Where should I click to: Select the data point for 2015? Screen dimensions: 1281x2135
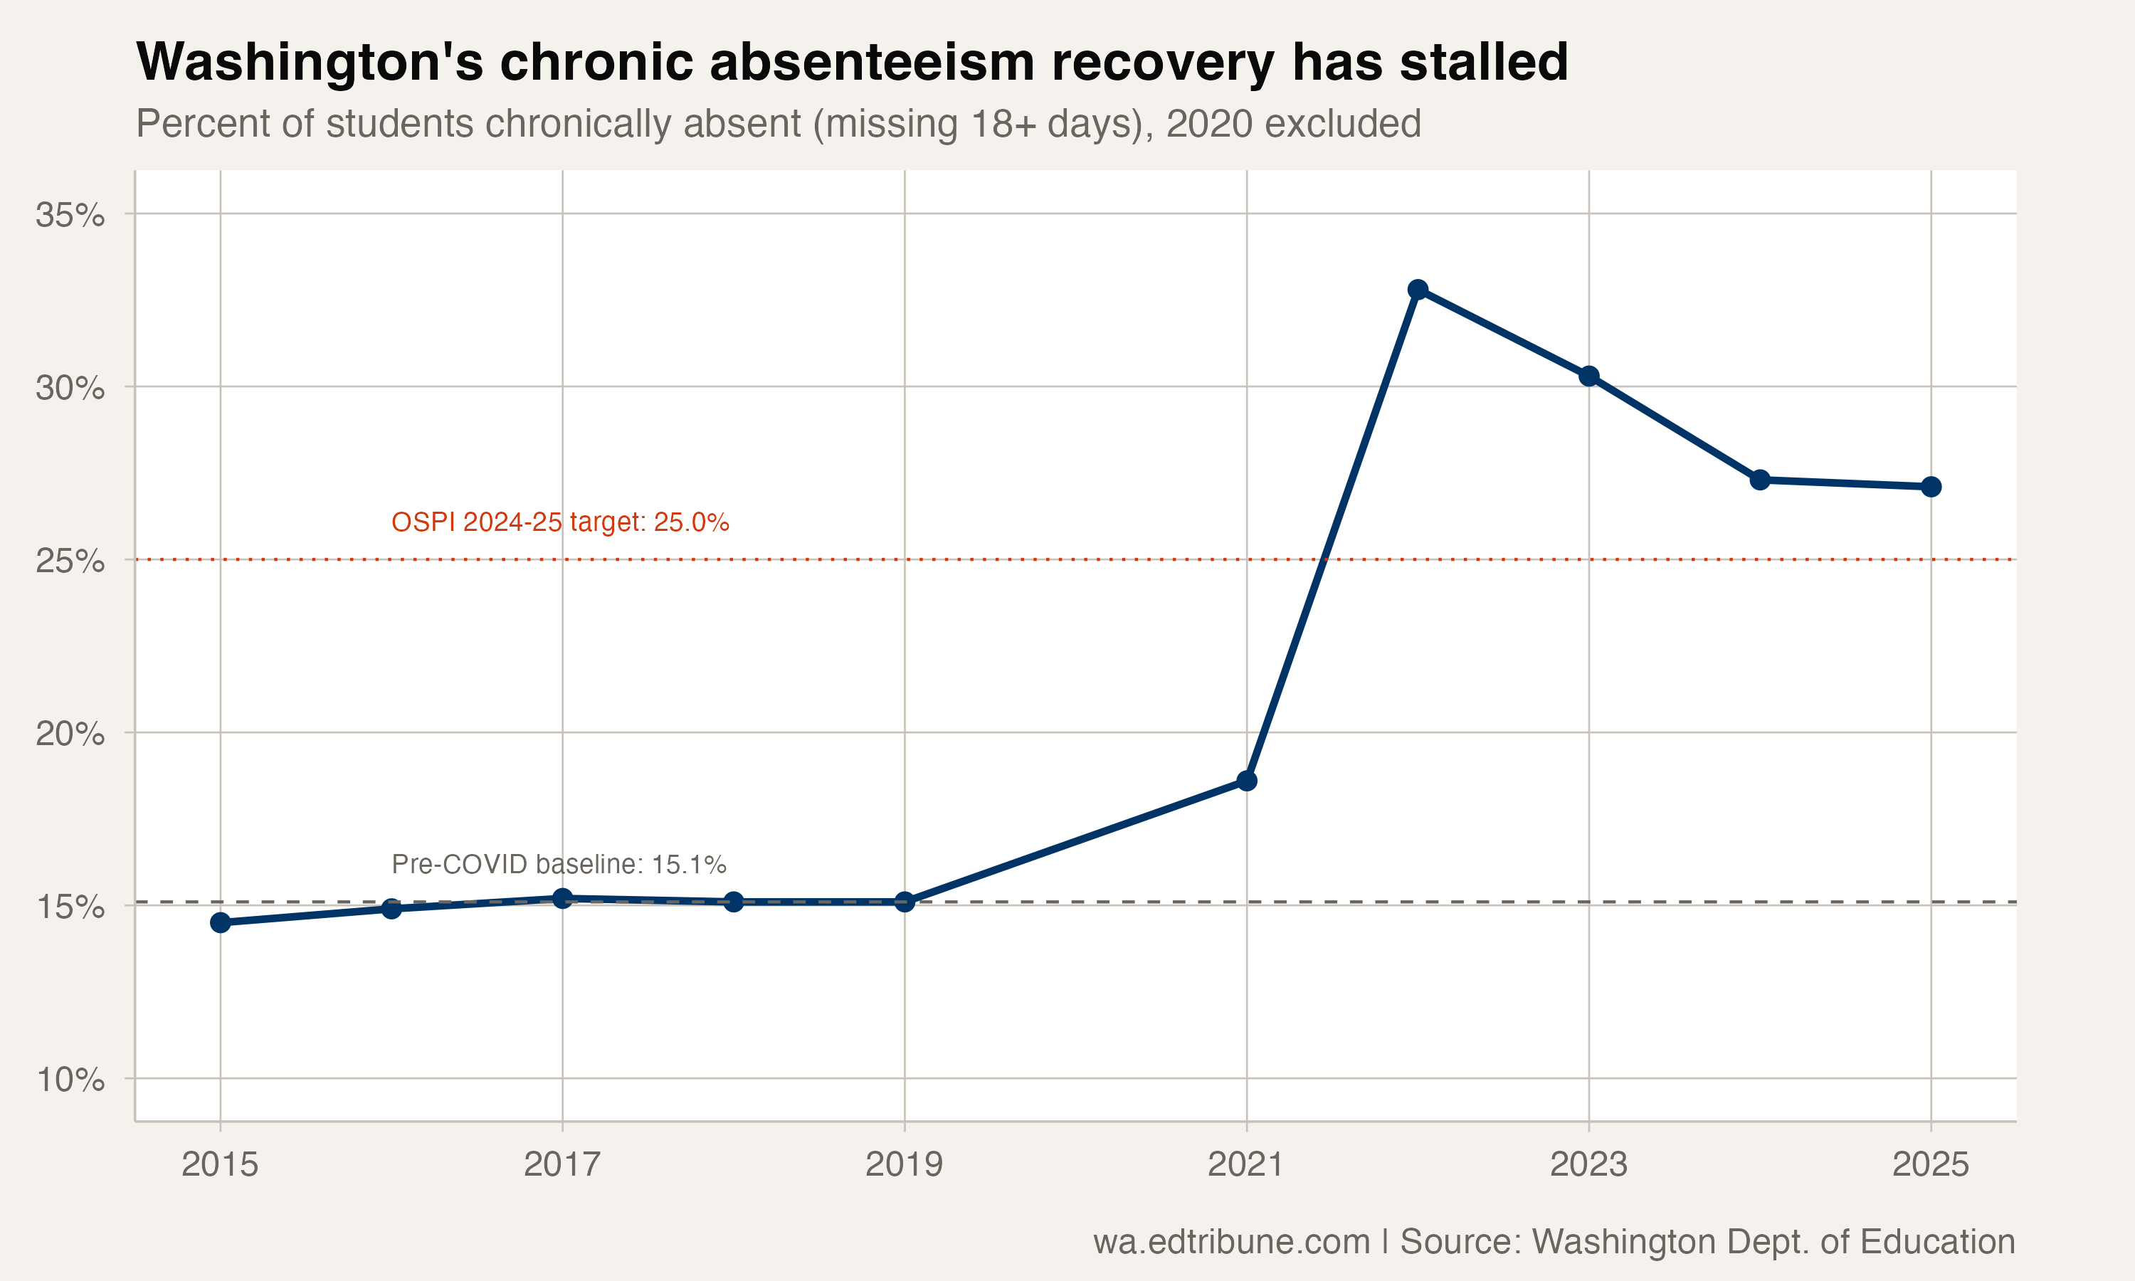point(220,923)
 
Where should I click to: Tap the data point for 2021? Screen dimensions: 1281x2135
point(1247,780)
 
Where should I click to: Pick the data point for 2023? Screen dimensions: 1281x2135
point(1588,376)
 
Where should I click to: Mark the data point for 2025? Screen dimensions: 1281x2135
point(1931,487)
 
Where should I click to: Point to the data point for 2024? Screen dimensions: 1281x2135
point(1761,480)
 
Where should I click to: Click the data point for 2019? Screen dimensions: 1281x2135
point(905,902)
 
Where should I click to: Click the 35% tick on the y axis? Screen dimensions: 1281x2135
point(70,215)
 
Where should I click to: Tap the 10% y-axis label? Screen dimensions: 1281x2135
point(70,1079)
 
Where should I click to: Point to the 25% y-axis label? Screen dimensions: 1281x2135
point(70,561)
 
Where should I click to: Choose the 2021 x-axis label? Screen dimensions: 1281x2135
point(1245,1164)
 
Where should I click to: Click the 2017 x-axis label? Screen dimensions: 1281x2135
point(562,1164)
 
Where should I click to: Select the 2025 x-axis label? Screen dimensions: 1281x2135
point(1931,1164)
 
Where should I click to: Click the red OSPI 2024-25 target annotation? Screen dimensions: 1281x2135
point(560,522)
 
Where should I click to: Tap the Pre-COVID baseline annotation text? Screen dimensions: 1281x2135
point(559,864)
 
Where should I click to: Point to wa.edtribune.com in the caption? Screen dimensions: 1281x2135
point(1231,1242)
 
